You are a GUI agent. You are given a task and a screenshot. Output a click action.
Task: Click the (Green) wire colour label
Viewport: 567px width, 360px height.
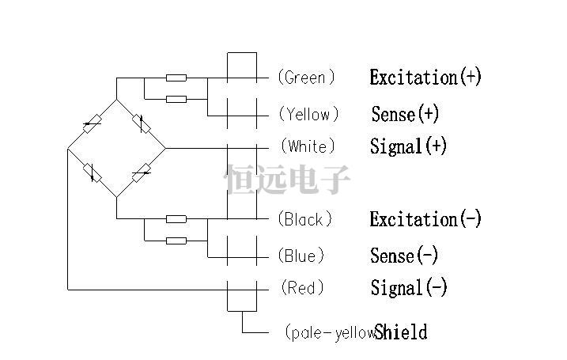click(306, 78)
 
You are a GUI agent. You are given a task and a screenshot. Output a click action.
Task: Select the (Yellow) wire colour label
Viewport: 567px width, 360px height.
click(308, 115)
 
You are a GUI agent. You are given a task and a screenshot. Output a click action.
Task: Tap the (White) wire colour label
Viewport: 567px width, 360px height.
click(308, 146)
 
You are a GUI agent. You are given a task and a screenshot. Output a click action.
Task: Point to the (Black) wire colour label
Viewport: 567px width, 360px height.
click(305, 219)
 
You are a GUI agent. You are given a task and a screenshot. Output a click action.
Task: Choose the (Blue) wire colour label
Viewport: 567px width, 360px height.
click(301, 256)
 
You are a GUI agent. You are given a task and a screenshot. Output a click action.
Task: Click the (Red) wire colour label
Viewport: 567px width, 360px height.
click(302, 288)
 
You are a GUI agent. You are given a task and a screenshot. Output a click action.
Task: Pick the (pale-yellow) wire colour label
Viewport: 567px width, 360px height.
click(328, 332)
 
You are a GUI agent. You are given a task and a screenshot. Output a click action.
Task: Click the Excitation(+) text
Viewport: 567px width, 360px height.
click(425, 78)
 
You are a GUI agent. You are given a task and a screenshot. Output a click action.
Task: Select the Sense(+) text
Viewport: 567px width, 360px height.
click(405, 114)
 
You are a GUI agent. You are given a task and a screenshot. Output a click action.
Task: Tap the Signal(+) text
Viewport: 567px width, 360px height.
click(409, 146)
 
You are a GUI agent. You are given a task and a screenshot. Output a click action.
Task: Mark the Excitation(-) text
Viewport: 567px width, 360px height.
click(425, 219)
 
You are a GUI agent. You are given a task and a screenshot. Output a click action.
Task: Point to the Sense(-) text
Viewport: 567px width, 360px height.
click(404, 256)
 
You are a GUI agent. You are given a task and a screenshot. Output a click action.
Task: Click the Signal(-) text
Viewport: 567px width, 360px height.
click(409, 288)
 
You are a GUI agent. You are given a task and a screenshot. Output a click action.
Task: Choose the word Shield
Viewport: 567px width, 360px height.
click(401, 332)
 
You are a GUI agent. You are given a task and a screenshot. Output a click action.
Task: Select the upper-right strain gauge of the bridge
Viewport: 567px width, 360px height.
click(142, 123)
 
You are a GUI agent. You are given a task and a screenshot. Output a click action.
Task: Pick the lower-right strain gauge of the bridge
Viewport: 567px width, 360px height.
click(142, 172)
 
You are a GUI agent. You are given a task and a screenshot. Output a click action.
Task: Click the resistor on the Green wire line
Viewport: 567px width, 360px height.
click(176, 78)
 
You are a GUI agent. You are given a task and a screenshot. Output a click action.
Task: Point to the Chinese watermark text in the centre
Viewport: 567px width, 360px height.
click(287, 180)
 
